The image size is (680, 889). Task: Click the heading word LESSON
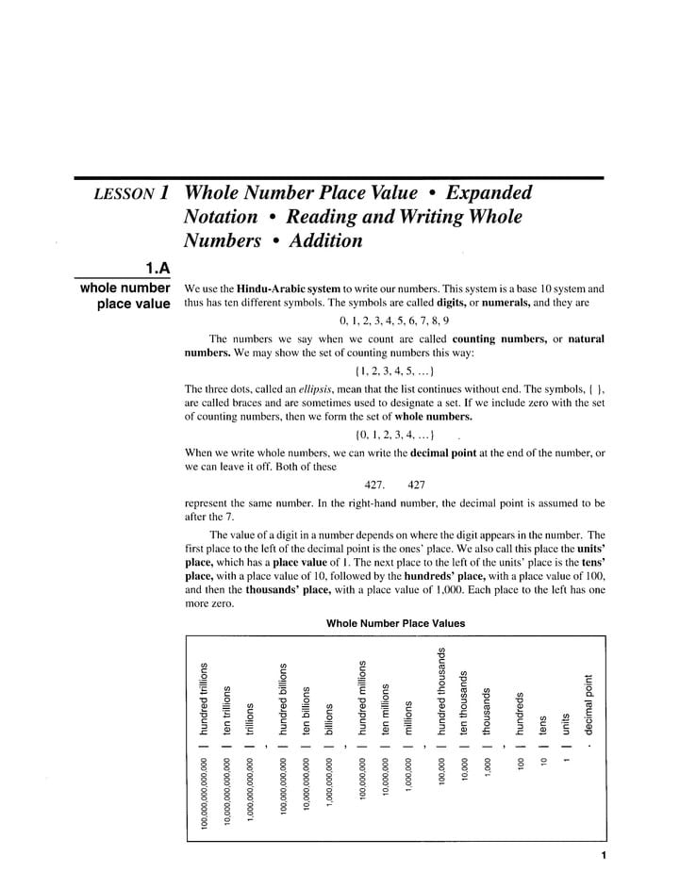pos(124,194)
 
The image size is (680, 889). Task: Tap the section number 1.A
pos(156,269)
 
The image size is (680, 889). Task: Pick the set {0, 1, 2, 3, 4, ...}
pos(394,436)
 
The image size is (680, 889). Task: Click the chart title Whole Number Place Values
pos(395,623)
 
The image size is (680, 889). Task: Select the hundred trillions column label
pos(203,697)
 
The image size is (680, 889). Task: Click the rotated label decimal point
pos(589,703)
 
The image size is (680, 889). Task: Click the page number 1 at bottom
pos(602,856)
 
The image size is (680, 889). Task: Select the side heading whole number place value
pos(125,296)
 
